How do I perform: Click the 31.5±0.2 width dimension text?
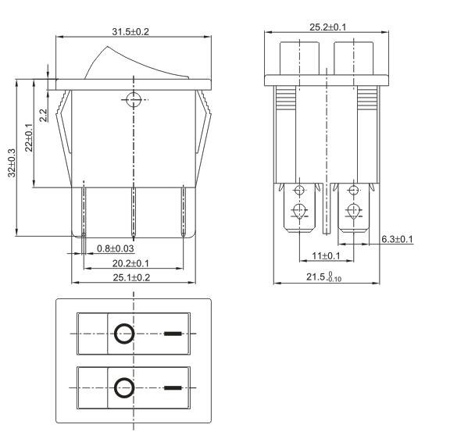pyautogui.click(x=130, y=31)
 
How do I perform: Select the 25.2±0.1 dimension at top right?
pyautogui.click(x=328, y=27)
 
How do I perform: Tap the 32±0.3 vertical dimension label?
pyautogui.click(x=12, y=162)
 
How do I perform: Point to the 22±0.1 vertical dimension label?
pyautogui.click(x=29, y=137)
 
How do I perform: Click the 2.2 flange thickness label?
pyautogui.click(x=43, y=116)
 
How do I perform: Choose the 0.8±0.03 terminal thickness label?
pyautogui.click(x=116, y=248)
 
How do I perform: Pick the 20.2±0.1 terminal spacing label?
pyautogui.click(x=130, y=263)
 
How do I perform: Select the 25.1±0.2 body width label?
pyautogui.click(x=131, y=277)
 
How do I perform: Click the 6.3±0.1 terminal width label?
pyautogui.click(x=397, y=239)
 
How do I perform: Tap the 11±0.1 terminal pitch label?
pyautogui.click(x=326, y=255)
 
